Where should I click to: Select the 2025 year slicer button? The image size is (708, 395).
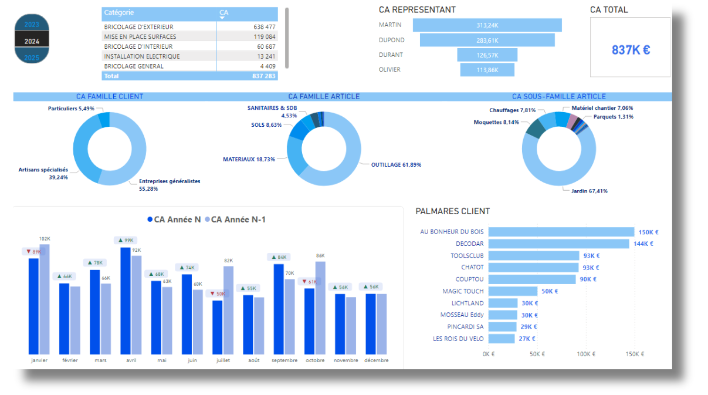pyautogui.click(x=32, y=58)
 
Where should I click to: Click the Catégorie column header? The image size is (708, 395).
pyautogui.click(x=119, y=12)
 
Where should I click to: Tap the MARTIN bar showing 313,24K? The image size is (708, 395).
pyautogui.click(x=487, y=25)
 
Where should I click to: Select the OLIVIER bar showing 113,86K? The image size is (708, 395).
pyautogui.click(x=487, y=70)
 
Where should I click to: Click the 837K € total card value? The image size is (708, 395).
pyautogui.click(x=631, y=50)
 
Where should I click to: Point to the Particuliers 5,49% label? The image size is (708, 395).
pyautogui.click(x=71, y=109)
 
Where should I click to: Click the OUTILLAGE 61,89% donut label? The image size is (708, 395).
pyautogui.click(x=396, y=165)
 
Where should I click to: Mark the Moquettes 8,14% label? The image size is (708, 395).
pyautogui.click(x=496, y=122)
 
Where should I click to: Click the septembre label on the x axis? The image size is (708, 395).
pyautogui.click(x=284, y=360)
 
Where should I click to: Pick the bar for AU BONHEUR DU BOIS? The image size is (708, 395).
pyautogui.click(x=561, y=232)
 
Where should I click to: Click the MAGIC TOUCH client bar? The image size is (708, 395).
pyautogui.click(x=513, y=291)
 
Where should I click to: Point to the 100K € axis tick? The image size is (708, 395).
pyautogui.click(x=586, y=354)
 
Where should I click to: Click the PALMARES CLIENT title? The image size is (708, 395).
pyautogui.click(x=452, y=211)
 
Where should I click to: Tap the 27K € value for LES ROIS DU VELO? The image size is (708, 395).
pyautogui.click(x=527, y=339)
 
